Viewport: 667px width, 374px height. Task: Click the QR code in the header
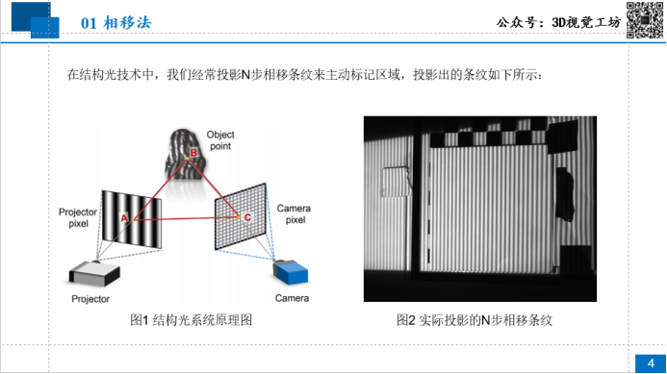tap(645, 20)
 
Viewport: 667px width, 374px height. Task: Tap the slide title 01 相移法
tap(116, 22)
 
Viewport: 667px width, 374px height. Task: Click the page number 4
tap(651, 363)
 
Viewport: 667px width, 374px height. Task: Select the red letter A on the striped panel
tap(124, 218)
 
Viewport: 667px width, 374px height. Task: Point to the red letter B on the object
tap(193, 153)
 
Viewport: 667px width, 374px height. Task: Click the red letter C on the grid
tap(247, 217)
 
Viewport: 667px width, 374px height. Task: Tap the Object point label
tap(220, 140)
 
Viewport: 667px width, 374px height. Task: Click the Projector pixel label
tap(78, 217)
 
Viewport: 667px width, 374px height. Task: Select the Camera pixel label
tap(294, 213)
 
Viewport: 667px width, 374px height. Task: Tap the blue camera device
tap(291, 272)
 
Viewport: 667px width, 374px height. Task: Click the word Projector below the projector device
tap(90, 299)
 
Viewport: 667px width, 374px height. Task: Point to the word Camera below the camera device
tap(292, 298)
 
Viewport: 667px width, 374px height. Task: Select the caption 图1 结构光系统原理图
tap(191, 320)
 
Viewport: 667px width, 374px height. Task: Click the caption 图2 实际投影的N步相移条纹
tap(475, 320)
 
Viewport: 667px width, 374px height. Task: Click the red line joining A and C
tap(186, 218)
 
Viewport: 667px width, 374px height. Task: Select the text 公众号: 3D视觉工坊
tap(558, 22)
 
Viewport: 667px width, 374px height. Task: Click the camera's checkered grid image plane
tap(241, 216)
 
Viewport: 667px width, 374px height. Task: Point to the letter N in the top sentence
tap(245, 75)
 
